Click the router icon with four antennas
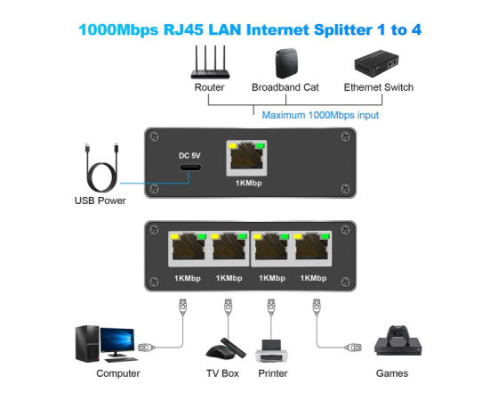point(210,62)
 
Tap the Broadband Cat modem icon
point(286,63)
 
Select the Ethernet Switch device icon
point(376,63)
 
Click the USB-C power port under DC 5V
point(190,168)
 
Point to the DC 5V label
point(189,156)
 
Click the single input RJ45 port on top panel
point(246,158)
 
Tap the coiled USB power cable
point(102,168)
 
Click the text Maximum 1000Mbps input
point(320,115)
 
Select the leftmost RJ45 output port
point(189,249)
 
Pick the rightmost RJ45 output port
point(312,249)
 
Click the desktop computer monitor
point(117,341)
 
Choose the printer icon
point(271,351)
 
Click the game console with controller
point(398,340)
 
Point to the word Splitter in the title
point(343,30)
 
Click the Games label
point(392,373)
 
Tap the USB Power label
point(100,200)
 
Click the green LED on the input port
point(260,146)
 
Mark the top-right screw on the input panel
point(345,137)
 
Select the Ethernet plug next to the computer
point(147,348)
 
